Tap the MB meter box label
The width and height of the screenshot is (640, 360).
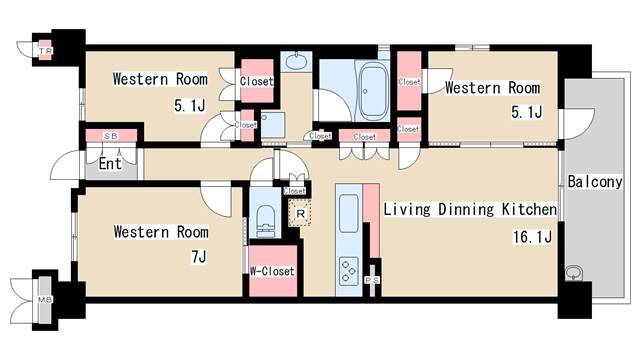coord(45,298)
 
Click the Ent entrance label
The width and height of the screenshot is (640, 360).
coord(110,164)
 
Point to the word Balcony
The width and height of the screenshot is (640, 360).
coord(596,183)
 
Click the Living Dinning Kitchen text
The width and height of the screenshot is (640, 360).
coord(470,210)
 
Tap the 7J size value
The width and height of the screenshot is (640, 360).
coord(198,257)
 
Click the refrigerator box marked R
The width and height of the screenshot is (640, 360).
coord(298,212)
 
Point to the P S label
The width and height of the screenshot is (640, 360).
coord(372,281)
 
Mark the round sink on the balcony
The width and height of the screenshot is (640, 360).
coord(575,273)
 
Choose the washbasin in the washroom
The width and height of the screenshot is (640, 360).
coord(298,63)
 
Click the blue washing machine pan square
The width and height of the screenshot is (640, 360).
coord(271,124)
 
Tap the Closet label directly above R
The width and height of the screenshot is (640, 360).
coord(295,191)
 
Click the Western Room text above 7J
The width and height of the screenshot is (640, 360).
coord(161,232)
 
